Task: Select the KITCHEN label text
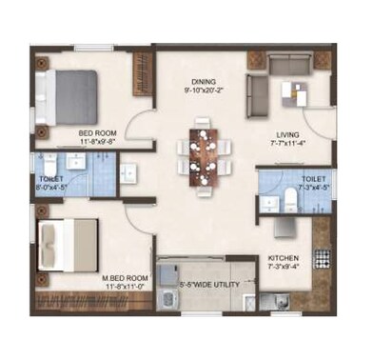tap(285, 257)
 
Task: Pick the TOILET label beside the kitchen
tap(314, 178)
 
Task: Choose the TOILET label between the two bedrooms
tap(51, 179)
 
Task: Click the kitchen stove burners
tap(322, 257)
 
